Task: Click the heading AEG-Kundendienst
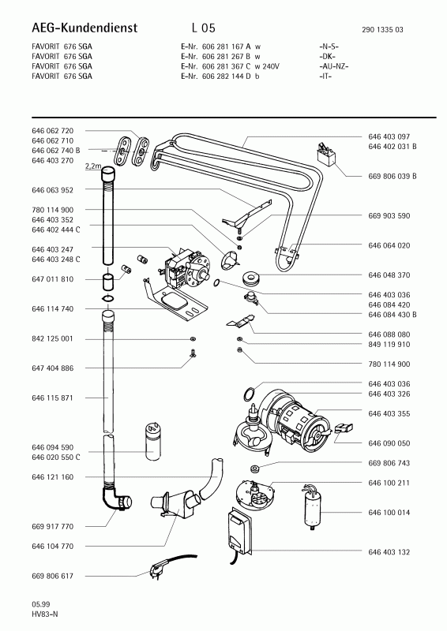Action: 85,28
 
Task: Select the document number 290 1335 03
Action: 382,29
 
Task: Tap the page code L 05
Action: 204,28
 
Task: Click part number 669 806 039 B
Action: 393,176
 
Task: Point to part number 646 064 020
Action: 389,245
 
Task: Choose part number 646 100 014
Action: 389,512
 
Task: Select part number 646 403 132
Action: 389,552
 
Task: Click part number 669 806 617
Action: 52,576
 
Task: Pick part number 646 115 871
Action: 52,398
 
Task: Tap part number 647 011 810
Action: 52,279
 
